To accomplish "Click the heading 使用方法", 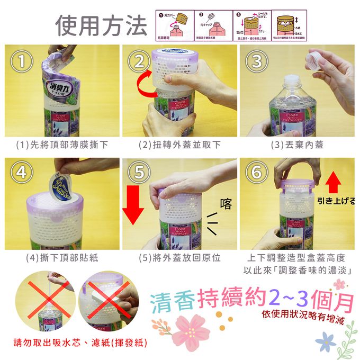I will pos(101,25).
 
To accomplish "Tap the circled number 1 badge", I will pos(21,62).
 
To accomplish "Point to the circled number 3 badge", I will pos(257,62).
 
